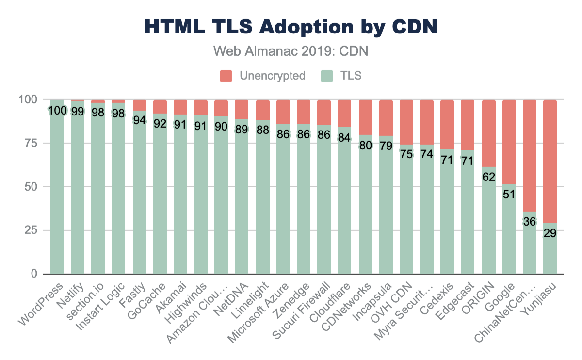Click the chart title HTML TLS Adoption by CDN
pos(291,27)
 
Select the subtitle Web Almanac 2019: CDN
pos(291,51)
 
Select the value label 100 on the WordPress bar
pos(57,111)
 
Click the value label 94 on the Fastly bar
pos(139,120)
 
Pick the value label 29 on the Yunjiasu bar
pos(550,233)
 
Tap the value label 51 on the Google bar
pos(509,195)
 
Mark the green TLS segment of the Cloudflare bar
pos(345,204)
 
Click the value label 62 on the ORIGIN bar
pos(488,177)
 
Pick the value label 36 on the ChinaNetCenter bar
pos(529,221)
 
